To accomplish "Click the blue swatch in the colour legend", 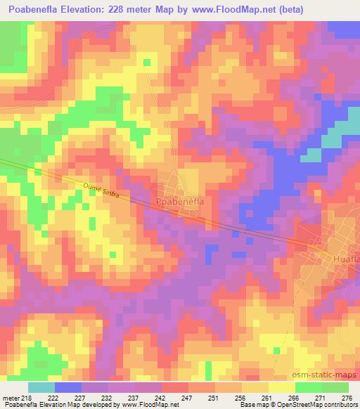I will tap(67, 387).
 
